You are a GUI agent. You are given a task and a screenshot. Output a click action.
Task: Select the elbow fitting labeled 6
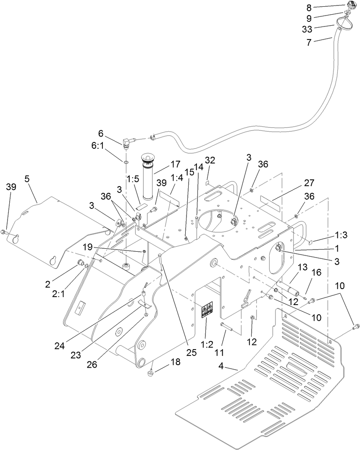click(128, 142)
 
